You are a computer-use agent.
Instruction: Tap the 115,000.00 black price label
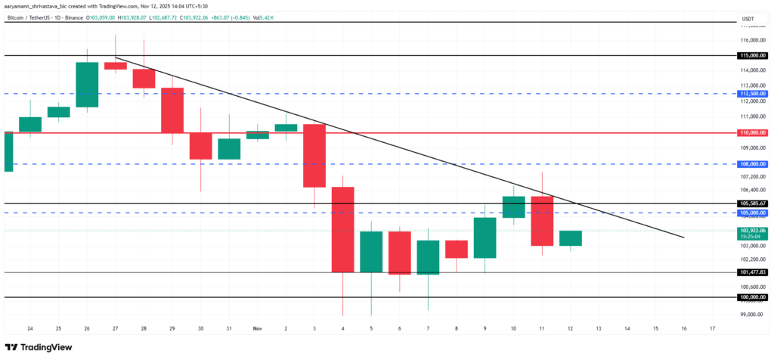pos(754,56)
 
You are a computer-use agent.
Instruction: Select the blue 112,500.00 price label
pos(754,94)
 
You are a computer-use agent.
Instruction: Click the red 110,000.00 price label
pos(754,132)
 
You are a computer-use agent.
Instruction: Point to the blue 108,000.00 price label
pos(754,163)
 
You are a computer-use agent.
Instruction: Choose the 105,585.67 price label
pos(754,203)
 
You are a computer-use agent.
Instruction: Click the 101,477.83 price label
pos(754,272)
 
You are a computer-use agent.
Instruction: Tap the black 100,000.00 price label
pos(754,297)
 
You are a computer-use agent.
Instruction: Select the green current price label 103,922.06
pos(754,230)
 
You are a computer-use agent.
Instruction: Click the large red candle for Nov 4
pos(343,229)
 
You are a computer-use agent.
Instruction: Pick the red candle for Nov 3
pos(314,155)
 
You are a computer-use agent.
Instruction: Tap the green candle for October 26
pos(87,85)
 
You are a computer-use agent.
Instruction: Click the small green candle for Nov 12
pos(571,238)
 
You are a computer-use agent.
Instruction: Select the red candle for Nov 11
pos(542,221)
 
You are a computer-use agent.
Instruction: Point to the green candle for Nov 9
pos(485,237)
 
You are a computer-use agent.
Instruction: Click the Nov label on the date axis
pos(256,329)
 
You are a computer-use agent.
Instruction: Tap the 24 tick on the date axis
pos(29,329)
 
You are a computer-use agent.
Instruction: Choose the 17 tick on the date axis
pos(713,329)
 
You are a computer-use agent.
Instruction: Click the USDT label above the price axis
pos(748,19)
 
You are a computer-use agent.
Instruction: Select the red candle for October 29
pos(172,110)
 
